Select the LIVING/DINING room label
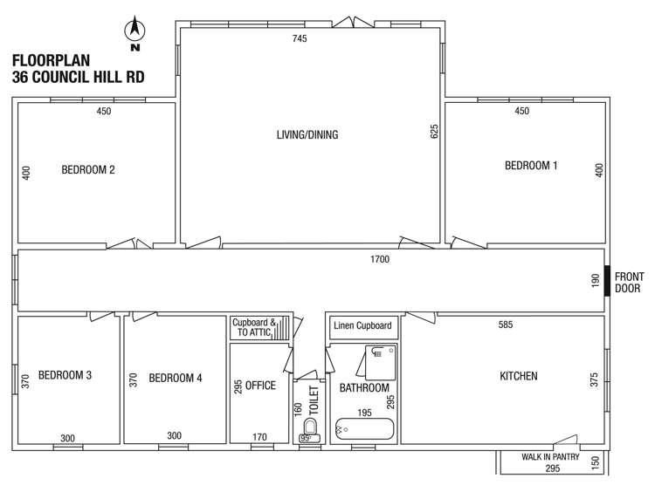(307, 135)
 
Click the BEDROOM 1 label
(531, 166)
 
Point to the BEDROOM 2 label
(88, 170)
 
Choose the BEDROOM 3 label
(65, 376)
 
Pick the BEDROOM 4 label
(176, 378)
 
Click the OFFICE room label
(260, 386)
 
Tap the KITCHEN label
(518, 376)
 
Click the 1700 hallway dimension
(379, 259)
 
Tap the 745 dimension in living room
(300, 38)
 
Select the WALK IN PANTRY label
(551, 456)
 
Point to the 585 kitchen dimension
(505, 325)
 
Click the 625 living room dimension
(434, 132)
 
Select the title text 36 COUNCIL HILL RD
(79, 77)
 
